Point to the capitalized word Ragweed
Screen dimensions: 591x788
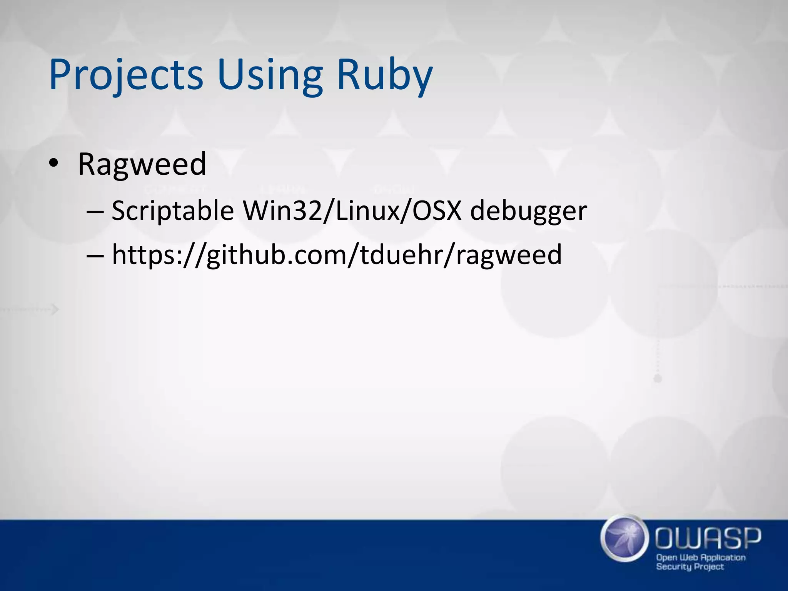click(142, 164)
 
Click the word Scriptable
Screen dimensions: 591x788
click(173, 211)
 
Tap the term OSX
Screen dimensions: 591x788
click(437, 211)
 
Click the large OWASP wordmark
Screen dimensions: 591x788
click(708, 538)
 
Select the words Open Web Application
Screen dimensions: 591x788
click(701, 557)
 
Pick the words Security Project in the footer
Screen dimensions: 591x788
click(690, 566)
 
